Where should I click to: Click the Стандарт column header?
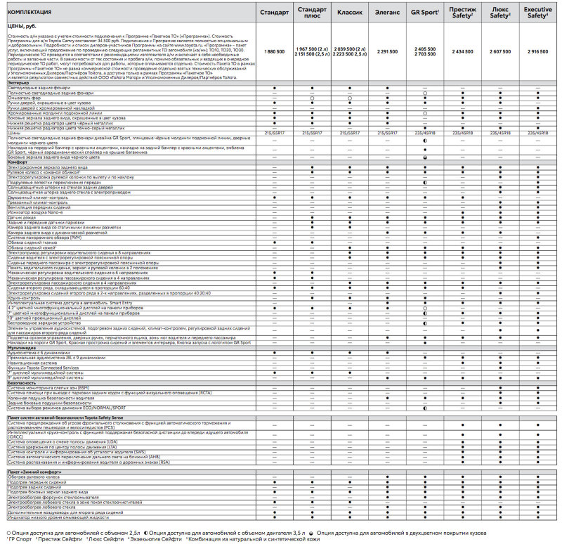[273, 13]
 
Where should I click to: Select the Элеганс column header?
[387, 13]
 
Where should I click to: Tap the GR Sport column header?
[426, 13]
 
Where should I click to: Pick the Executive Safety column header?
[538, 13]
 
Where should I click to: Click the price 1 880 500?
[273, 52]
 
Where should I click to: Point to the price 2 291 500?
[387, 52]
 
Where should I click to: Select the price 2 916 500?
[538, 52]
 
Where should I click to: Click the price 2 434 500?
[463, 52]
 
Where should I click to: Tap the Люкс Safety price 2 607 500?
[501, 52]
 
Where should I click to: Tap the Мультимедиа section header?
[21, 347]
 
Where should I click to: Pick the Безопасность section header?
[22, 382]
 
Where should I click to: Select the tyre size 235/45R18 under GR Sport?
[426, 132]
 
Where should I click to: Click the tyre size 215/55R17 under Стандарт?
[273, 132]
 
